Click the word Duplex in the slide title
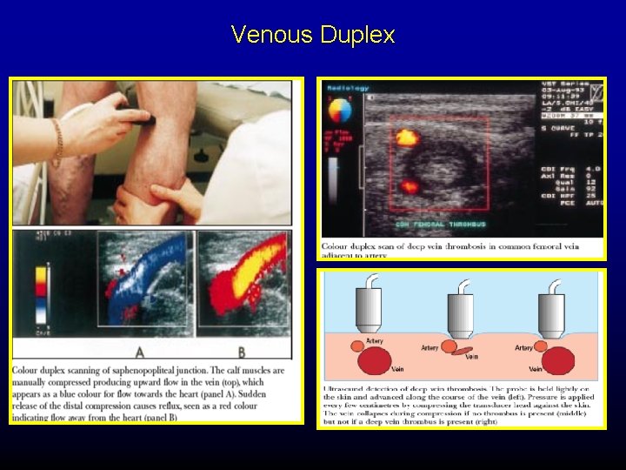(x=357, y=36)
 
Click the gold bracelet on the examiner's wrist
(x=58, y=141)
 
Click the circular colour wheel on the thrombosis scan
(x=338, y=111)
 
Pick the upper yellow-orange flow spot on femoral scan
(x=405, y=137)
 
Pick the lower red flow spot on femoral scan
(x=409, y=185)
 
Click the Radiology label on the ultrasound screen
(x=348, y=89)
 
